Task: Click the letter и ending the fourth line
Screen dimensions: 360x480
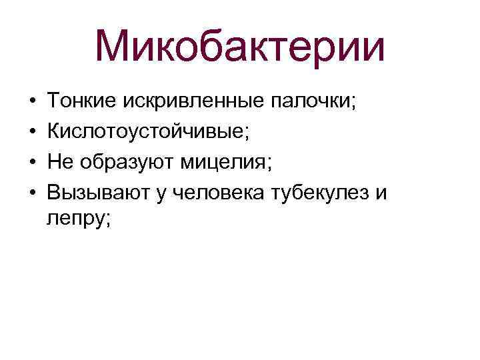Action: point(381,193)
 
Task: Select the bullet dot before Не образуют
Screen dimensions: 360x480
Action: point(32,162)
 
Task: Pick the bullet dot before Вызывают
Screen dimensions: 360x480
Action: point(32,192)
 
